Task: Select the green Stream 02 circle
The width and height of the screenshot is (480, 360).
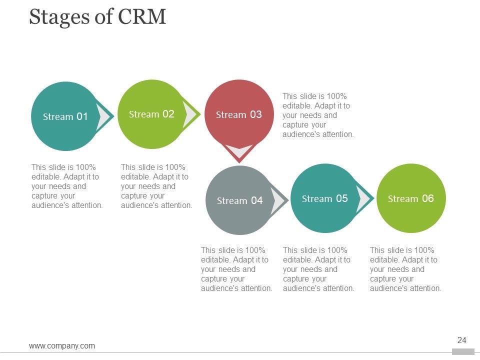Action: [151, 114]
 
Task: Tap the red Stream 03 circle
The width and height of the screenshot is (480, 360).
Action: [239, 114]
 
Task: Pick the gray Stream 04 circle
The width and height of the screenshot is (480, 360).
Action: [239, 200]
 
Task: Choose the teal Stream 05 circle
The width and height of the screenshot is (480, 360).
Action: [324, 198]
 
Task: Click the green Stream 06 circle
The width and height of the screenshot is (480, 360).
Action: [410, 198]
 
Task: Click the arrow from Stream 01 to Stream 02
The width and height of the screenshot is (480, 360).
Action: [105, 117]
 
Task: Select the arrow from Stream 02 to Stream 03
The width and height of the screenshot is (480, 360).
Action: [190, 114]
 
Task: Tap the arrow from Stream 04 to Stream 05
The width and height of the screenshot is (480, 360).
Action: [278, 201]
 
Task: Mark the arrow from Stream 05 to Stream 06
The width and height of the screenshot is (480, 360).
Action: [364, 199]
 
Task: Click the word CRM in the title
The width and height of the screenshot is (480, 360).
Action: [142, 17]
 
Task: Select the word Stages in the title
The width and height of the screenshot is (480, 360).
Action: [55, 17]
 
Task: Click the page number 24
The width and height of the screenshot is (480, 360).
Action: [461, 340]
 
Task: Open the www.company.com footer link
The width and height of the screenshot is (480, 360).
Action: [62, 345]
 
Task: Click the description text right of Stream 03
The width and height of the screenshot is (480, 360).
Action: [318, 115]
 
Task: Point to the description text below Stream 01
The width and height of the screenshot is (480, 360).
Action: [67, 186]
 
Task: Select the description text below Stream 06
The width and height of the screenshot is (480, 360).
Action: [405, 269]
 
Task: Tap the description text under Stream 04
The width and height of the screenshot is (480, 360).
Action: [236, 269]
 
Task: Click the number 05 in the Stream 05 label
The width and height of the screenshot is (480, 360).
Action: [341, 198]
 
